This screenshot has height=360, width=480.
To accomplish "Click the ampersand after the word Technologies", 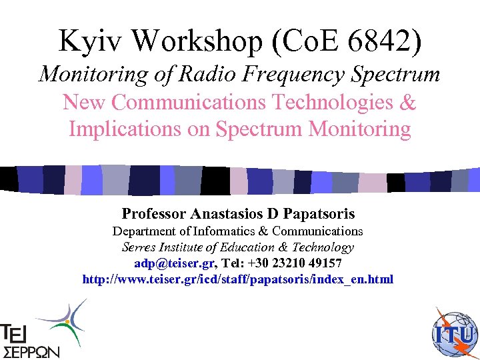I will coord(408,103).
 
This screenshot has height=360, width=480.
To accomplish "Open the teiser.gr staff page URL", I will coord(238,279).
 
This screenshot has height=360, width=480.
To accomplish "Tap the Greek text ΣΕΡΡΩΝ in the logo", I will coord(31,351).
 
